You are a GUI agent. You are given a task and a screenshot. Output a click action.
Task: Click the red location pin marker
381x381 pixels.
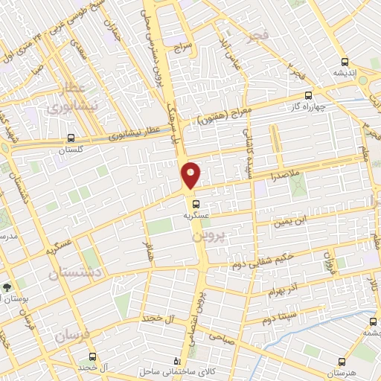point(191,175)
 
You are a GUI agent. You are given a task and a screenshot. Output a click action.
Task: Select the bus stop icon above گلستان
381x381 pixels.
point(71,138)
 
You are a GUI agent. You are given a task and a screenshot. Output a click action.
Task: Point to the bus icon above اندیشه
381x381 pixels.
point(344,62)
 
